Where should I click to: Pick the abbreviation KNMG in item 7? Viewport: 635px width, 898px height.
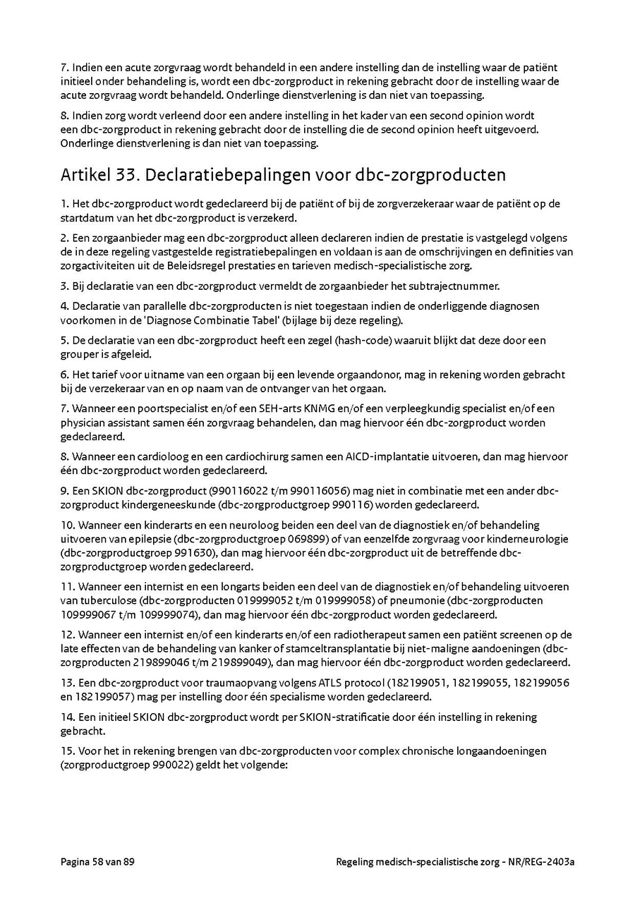pos(308,408)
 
